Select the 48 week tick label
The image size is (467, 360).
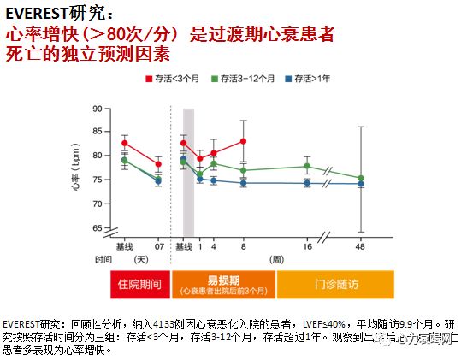[x=360, y=247]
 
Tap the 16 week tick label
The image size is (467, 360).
[x=307, y=247]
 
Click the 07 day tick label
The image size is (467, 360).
[x=158, y=247]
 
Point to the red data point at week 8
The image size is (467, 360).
[x=243, y=141]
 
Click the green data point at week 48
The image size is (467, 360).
[x=360, y=179]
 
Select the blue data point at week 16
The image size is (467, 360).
[x=307, y=183]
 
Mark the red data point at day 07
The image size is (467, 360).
[x=158, y=164]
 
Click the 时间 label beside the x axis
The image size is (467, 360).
[x=103, y=258]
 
